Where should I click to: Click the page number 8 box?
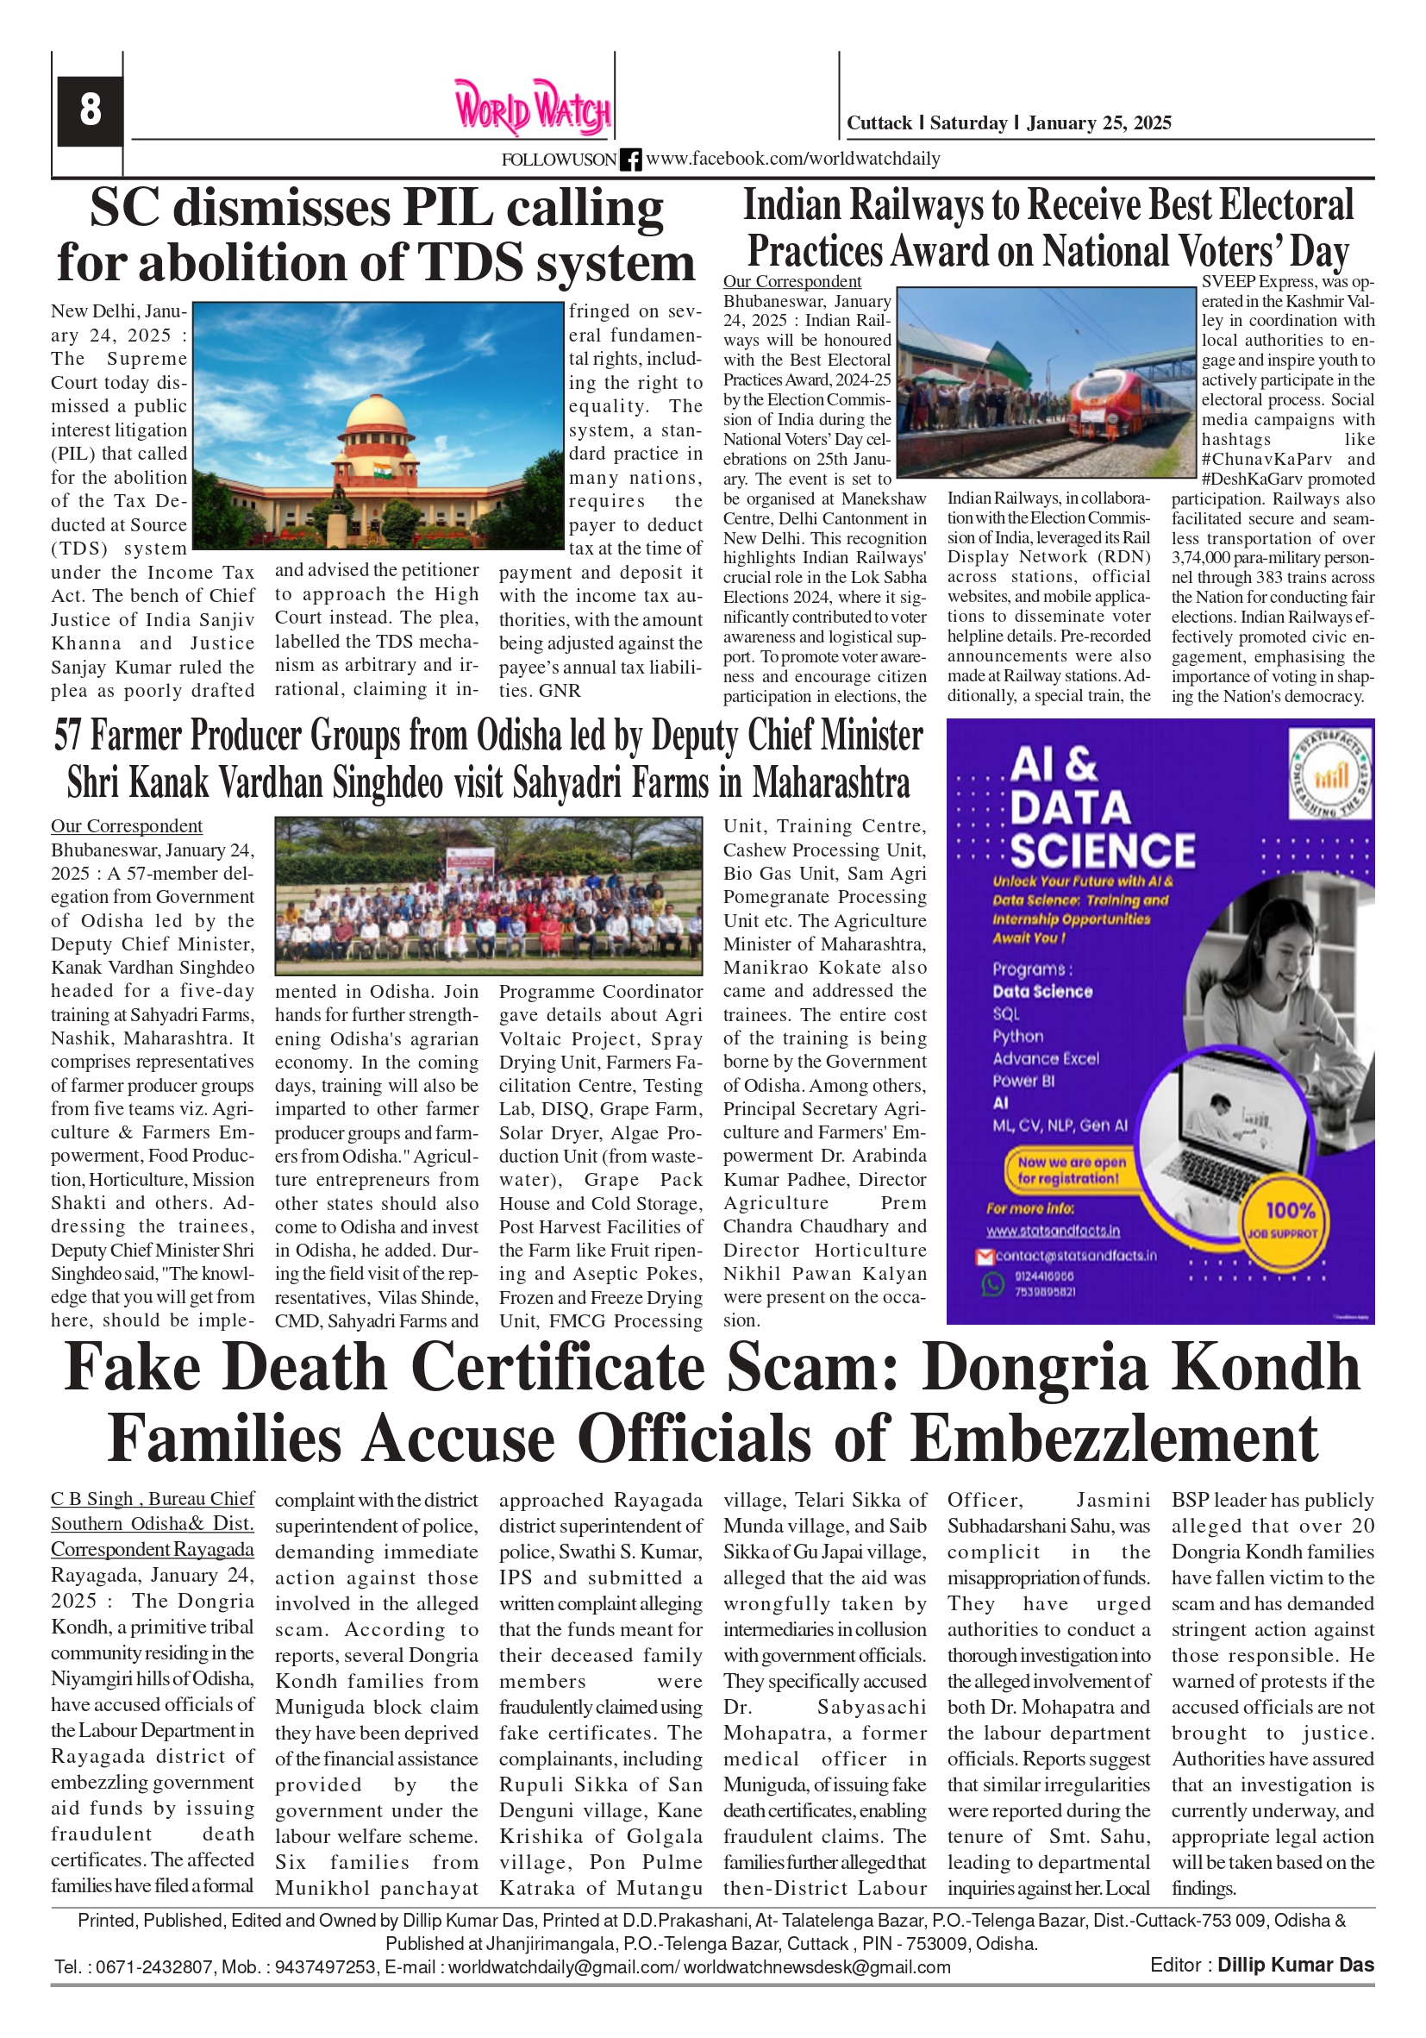[90, 110]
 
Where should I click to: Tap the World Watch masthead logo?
[533, 108]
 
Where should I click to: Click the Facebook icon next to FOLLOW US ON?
[631, 160]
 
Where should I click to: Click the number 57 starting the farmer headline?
[68, 736]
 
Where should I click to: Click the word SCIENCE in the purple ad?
[1103, 851]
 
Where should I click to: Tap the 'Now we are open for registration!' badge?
[1068, 1169]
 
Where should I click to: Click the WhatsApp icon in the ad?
[992, 1283]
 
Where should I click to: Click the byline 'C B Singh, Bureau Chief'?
[153, 1499]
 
